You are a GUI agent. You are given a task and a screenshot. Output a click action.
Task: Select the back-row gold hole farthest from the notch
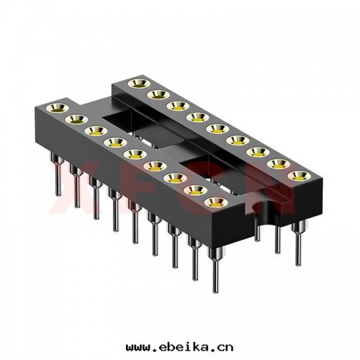pos(133,84)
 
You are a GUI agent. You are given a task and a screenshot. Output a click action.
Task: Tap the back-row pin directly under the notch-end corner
pos(297,234)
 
